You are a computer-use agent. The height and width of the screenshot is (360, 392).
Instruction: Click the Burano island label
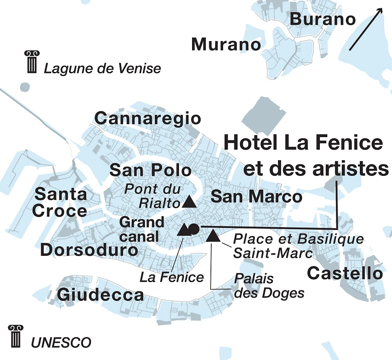click(323, 19)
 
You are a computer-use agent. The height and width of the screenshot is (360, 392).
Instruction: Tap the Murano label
click(226, 45)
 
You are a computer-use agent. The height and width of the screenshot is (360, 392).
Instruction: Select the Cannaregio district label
click(148, 118)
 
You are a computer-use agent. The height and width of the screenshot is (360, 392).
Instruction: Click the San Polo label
click(151, 170)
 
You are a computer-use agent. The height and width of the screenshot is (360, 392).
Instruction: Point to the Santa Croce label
click(60, 203)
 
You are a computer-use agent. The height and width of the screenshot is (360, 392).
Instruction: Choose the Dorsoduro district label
click(89, 250)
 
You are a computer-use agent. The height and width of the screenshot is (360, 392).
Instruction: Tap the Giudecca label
click(101, 295)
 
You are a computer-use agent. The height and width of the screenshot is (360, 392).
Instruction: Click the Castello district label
click(345, 273)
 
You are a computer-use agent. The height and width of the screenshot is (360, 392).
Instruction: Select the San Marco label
click(256, 197)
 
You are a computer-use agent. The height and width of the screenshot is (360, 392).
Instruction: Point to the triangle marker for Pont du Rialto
click(189, 201)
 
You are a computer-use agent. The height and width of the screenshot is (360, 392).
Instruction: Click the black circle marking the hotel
click(194, 228)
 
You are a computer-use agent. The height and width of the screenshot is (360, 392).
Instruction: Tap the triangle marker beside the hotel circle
click(183, 230)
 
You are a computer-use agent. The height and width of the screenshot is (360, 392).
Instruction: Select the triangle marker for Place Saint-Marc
click(212, 235)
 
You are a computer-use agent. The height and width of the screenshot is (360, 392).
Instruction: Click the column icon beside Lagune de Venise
click(31, 62)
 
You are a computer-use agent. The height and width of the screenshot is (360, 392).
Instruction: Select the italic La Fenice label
click(172, 277)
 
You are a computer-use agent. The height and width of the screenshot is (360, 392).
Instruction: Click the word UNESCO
click(61, 342)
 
